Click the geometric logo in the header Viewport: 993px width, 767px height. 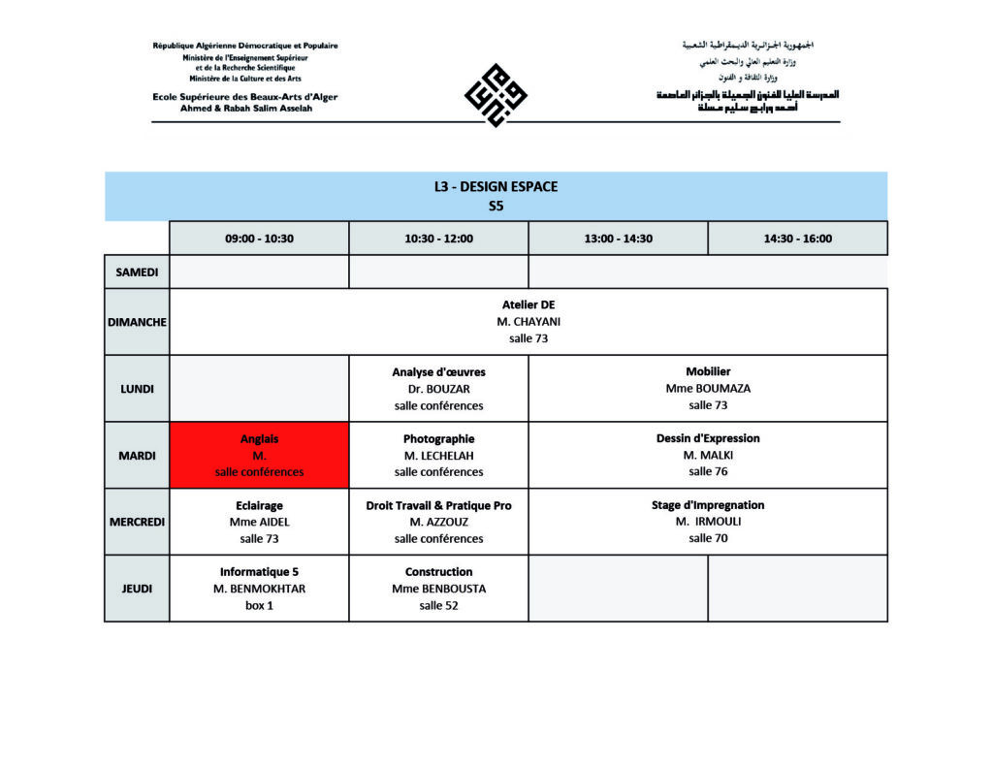(496, 95)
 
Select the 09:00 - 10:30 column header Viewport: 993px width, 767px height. (259, 239)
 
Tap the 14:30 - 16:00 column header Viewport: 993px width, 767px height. (797, 239)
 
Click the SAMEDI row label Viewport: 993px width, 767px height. (137, 272)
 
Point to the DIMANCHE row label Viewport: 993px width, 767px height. (137, 322)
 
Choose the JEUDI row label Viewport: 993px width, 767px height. (137, 589)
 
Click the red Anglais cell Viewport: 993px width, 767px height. (259, 455)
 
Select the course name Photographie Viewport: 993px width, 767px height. (438, 438)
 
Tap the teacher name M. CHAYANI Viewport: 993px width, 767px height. (529, 322)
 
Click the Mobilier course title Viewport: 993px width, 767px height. (708, 371)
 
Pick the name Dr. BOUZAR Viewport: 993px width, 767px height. (438, 389)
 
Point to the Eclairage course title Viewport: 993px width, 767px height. (259, 505)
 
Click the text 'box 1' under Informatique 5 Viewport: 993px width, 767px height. (259, 605)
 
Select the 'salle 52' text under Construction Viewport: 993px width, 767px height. (438, 605)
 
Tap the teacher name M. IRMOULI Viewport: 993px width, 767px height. (708, 522)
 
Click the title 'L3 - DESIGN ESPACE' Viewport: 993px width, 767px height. (496, 186)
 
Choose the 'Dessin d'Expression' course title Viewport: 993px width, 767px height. (708, 438)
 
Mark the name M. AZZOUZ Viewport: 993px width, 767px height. (438, 522)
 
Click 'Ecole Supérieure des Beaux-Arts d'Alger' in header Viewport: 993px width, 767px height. (244, 97)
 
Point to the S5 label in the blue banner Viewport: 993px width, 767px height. (496, 206)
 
